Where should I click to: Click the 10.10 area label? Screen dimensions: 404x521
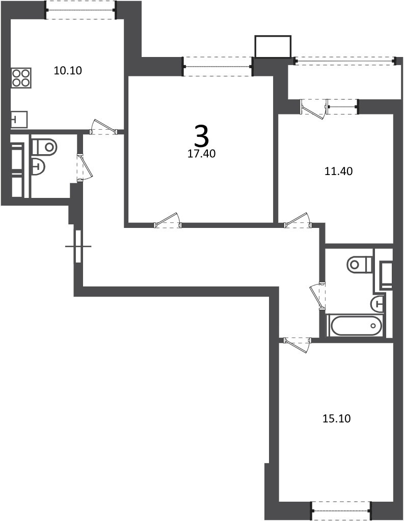click(x=68, y=70)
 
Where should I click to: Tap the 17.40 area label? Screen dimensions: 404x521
click(x=202, y=154)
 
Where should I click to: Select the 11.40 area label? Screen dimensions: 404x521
click(x=338, y=171)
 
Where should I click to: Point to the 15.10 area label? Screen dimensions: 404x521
click(x=337, y=418)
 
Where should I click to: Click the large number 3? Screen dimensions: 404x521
click(x=202, y=136)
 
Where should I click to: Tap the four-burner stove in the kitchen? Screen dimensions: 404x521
click(x=21, y=78)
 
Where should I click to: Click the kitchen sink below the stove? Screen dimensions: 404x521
click(x=19, y=120)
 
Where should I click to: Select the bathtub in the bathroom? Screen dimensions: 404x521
click(x=356, y=326)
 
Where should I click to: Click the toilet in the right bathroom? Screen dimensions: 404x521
click(x=360, y=265)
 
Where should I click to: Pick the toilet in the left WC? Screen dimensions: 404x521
click(x=45, y=147)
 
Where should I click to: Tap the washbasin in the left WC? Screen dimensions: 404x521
click(x=38, y=167)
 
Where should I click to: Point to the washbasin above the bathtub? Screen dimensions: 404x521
click(x=377, y=303)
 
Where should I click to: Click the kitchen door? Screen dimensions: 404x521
click(x=104, y=127)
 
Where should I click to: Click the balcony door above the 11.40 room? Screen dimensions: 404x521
click(x=314, y=107)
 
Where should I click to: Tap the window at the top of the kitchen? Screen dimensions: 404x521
click(x=81, y=10)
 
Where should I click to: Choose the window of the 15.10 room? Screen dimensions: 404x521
click(x=341, y=511)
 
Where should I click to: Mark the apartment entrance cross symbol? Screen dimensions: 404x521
click(x=78, y=246)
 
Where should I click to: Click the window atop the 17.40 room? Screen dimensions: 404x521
click(x=219, y=67)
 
